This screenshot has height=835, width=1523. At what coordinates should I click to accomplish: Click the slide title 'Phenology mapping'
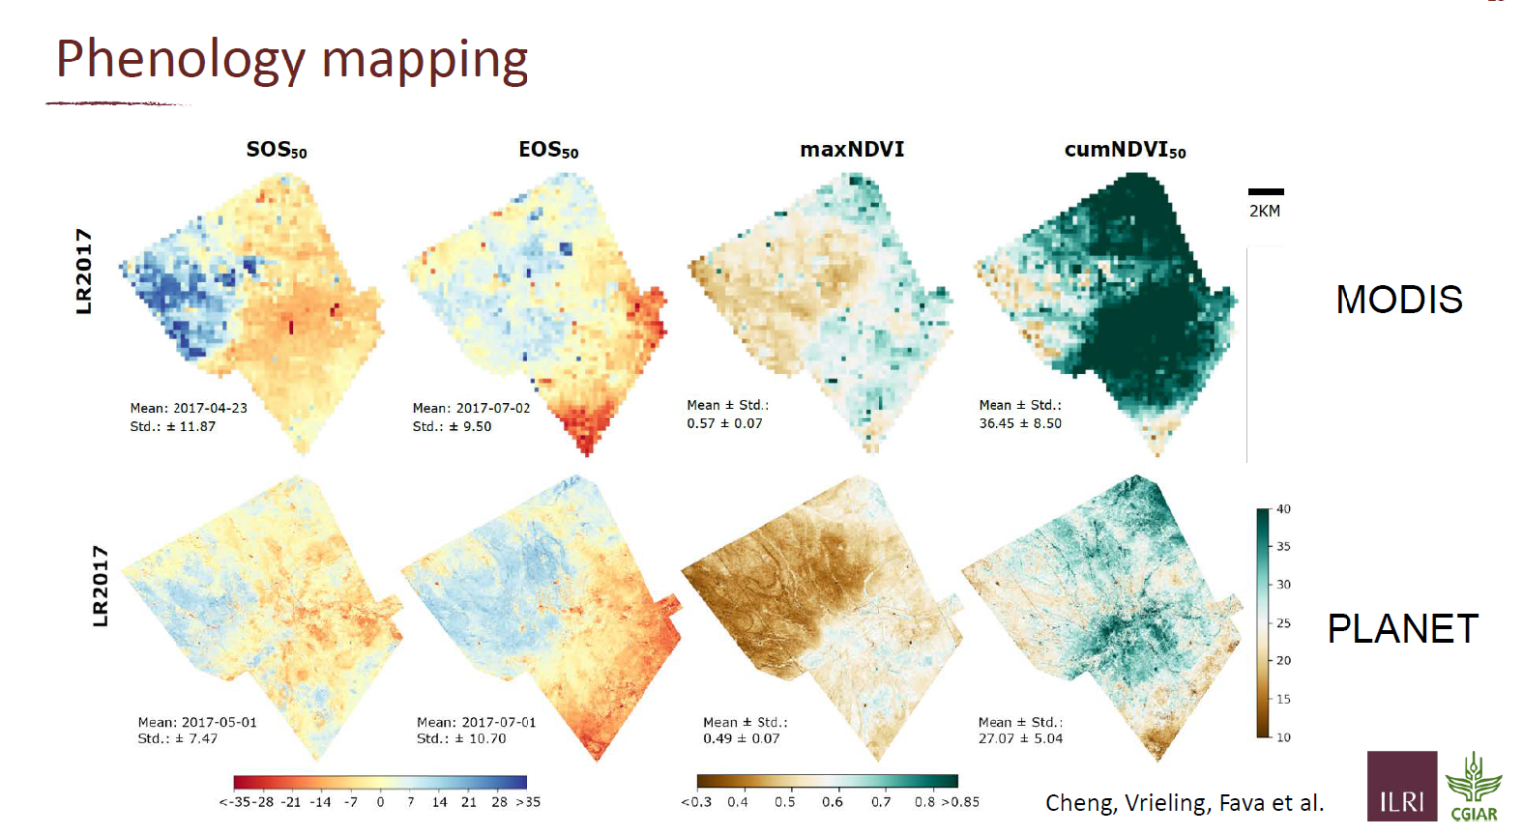(x=292, y=60)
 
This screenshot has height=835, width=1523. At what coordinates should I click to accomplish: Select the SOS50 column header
(x=277, y=150)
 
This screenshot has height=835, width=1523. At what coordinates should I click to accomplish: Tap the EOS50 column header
(x=548, y=150)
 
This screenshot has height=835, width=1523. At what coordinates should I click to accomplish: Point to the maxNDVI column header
(x=853, y=149)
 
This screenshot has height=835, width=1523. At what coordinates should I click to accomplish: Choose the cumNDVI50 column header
(x=1124, y=150)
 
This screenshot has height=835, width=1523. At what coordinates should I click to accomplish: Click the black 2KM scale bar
(x=1265, y=192)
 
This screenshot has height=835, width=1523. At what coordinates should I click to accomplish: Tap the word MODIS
(x=1398, y=299)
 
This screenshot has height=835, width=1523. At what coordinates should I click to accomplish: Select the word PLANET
(x=1402, y=629)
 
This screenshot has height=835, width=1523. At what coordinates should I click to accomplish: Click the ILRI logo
(x=1401, y=786)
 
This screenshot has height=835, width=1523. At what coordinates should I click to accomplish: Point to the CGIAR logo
(x=1473, y=787)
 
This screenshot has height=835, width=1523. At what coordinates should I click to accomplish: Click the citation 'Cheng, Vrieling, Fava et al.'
(x=1184, y=803)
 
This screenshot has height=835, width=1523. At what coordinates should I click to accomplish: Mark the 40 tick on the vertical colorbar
(x=1283, y=509)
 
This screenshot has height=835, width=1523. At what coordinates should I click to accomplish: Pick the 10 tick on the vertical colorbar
(x=1283, y=737)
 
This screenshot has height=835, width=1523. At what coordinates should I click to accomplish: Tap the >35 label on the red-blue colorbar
(x=528, y=802)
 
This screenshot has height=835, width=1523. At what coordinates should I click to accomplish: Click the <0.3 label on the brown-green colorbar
(x=696, y=802)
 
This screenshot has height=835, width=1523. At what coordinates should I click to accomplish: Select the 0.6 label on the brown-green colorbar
(x=832, y=802)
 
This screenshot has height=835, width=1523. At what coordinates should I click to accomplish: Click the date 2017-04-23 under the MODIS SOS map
(x=210, y=408)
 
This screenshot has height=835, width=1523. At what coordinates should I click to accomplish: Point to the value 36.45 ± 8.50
(x=1019, y=423)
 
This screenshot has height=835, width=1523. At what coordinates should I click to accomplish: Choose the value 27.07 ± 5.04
(x=1019, y=738)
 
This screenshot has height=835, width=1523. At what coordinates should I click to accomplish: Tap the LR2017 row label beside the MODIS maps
(x=84, y=272)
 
